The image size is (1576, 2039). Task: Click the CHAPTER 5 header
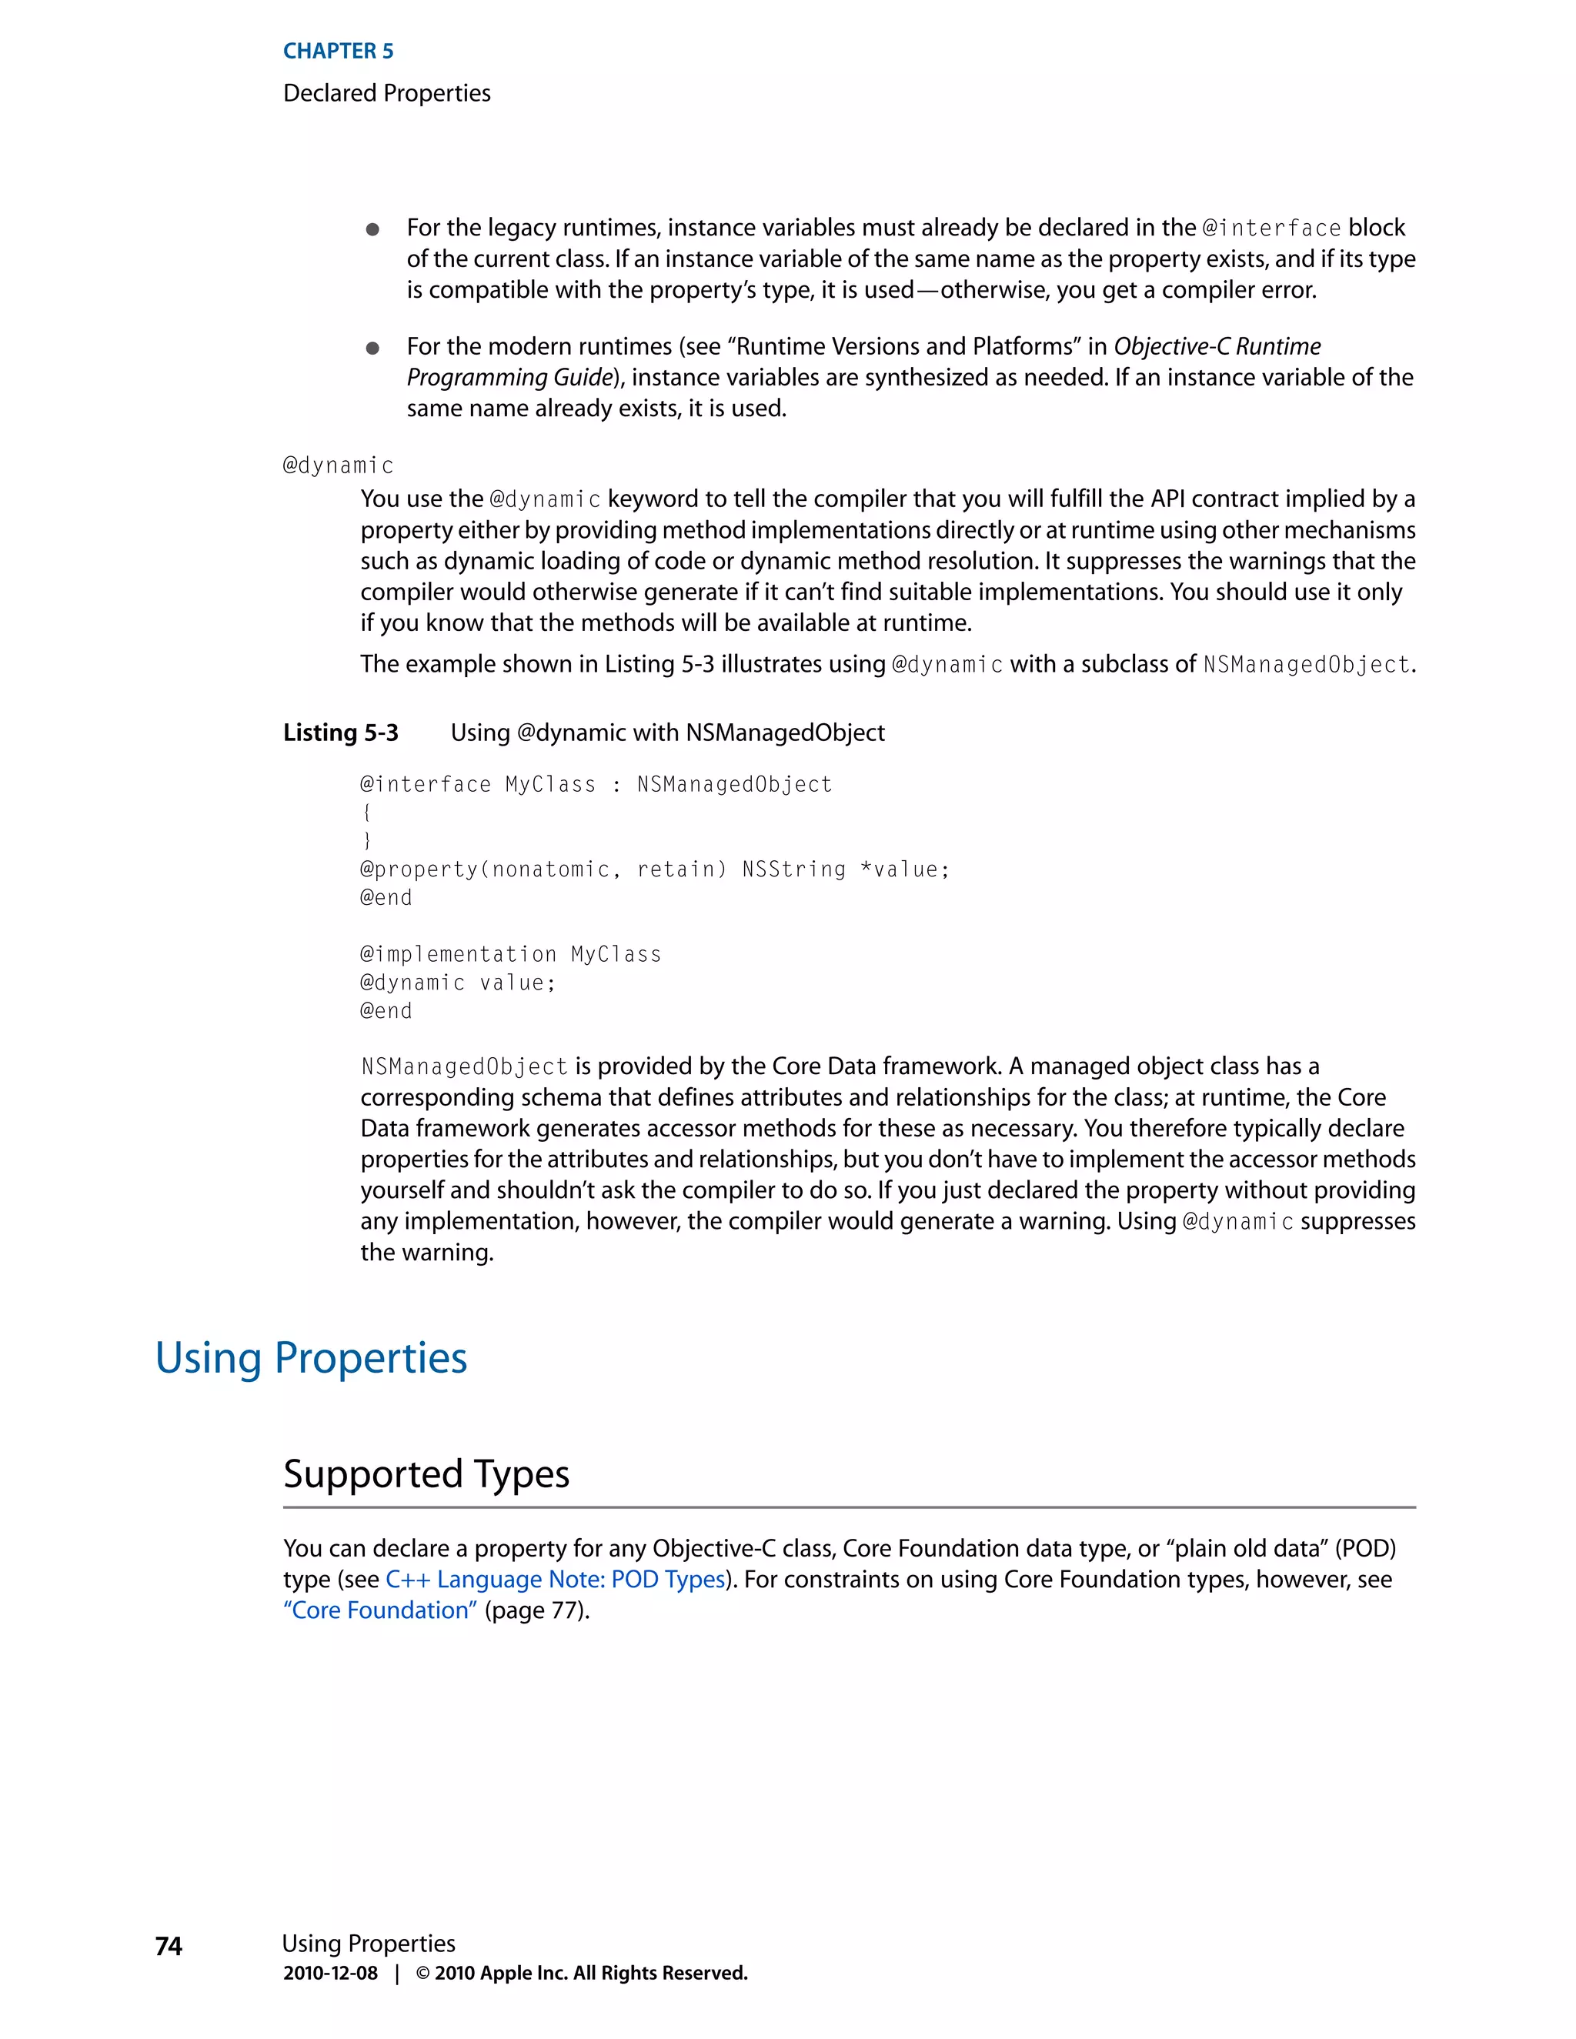pyautogui.click(x=338, y=52)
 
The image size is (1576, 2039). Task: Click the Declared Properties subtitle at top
pyautogui.click(x=386, y=93)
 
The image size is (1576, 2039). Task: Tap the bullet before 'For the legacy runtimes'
pyautogui.click(x=372, y=229)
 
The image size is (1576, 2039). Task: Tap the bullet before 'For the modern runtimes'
pyautogui.click(x=372, y=349)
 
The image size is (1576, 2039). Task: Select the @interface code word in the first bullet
pyautogui.click(x=1270, y=229)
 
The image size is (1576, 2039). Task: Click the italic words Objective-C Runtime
pyautogui.click(x=1217, y=346)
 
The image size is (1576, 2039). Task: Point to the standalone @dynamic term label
pyautogui.click(x=338, y=465)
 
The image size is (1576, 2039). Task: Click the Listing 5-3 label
pyautogui.click(x=341, y=733)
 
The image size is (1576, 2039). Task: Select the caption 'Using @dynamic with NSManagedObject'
pyautogui.click(x=667, y=733)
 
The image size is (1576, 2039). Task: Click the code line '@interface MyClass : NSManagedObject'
pyautogui.click(x=596, y=784)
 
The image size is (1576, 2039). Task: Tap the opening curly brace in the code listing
pyautogui.click(x=367, y=813)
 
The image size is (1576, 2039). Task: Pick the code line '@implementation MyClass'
pyautogui.click(x=511, y=954)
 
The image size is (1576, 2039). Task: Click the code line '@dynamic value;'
pyautogui.click(x=458, y=982)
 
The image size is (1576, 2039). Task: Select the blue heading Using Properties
pyautogui.click(x=311, y=1357)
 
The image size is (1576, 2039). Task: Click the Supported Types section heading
pyautogui.click(x=426, y=1474)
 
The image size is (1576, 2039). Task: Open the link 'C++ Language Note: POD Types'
pyautogui.click(x=556, y=1580)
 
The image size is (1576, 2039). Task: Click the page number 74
pyautogui.click(x=169, y=1946)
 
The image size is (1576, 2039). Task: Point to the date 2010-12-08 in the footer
pyautogui.click(x=330, y=1973)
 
